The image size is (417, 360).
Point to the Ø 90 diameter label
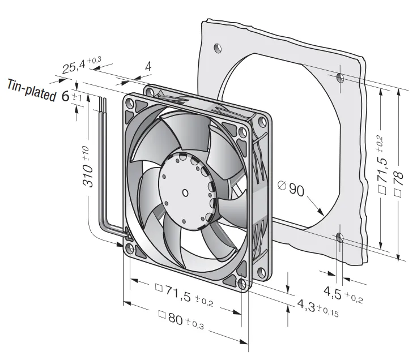pos(291,188)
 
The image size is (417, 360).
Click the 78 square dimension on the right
pos(398,183)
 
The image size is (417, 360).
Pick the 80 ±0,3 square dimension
pos(181,319)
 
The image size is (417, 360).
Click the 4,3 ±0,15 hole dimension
pos(318,308)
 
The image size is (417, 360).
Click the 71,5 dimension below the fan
pos(184,294)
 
